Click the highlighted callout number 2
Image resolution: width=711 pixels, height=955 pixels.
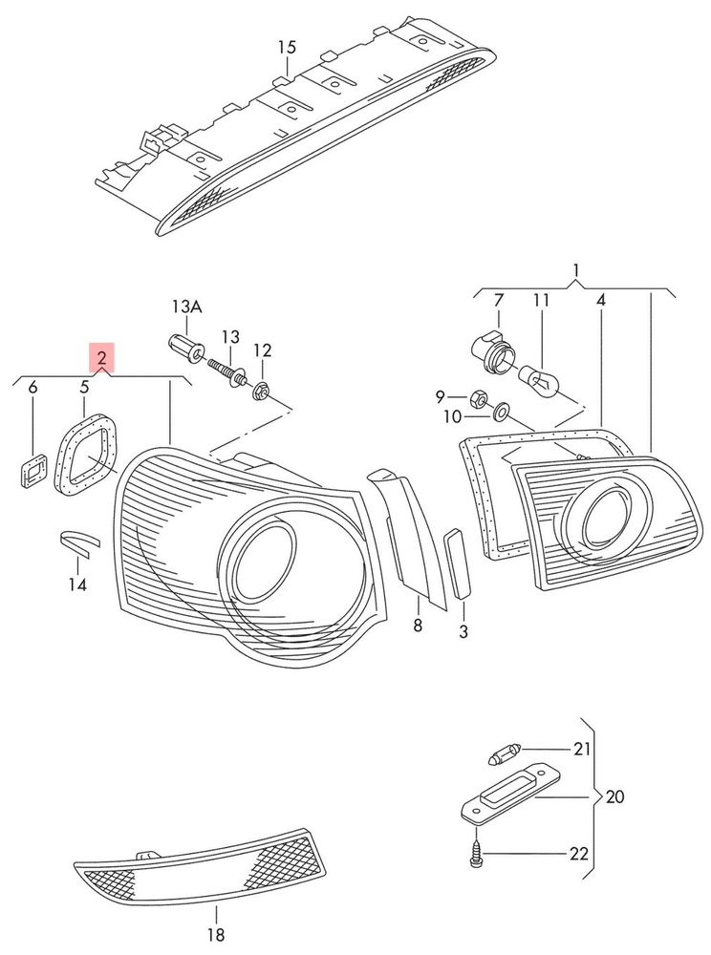point(101,357)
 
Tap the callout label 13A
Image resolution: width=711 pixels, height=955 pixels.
point(186,307)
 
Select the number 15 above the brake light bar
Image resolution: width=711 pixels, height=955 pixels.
point(287,47)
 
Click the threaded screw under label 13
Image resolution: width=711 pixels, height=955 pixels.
point(227,372)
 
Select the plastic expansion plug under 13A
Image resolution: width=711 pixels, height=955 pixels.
point(185,346)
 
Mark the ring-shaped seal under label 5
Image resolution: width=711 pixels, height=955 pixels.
point(85,453)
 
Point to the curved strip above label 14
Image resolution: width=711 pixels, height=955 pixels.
point(78,541)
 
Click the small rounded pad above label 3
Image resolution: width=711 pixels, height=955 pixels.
point(458,563)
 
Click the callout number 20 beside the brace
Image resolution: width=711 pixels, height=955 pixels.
point(614,796)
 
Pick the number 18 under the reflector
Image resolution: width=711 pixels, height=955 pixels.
point(216,934)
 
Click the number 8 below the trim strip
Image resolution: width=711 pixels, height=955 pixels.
point(418,625)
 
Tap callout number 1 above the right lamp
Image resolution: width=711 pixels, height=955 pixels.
point(576,270)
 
